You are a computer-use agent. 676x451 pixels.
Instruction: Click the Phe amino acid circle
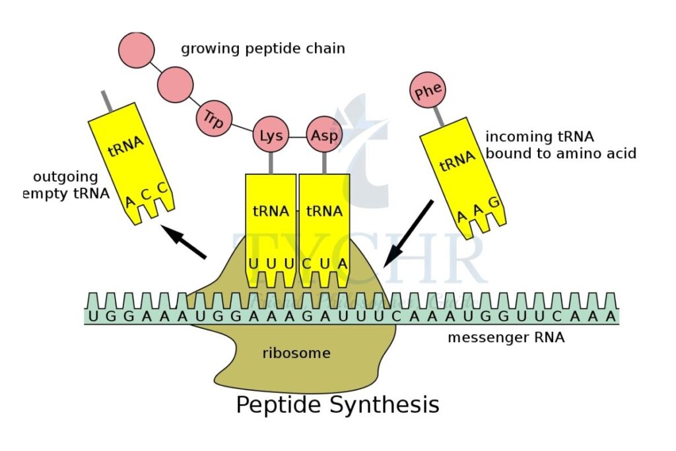pos(428,92)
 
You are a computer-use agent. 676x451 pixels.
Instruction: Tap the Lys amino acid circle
pos(271,136)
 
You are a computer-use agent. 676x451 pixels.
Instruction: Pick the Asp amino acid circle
pos(324,136)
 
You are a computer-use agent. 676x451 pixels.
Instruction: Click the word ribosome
pos(296,353)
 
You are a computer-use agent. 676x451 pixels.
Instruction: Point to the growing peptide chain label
pos(263,49)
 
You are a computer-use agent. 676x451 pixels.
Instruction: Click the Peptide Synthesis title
pos(337,404)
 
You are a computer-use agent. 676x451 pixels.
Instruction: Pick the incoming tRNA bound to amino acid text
pos(560,145)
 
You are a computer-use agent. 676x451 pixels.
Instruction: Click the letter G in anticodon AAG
pos(492,199)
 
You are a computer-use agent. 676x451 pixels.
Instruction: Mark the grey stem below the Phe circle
pos(437,117)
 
